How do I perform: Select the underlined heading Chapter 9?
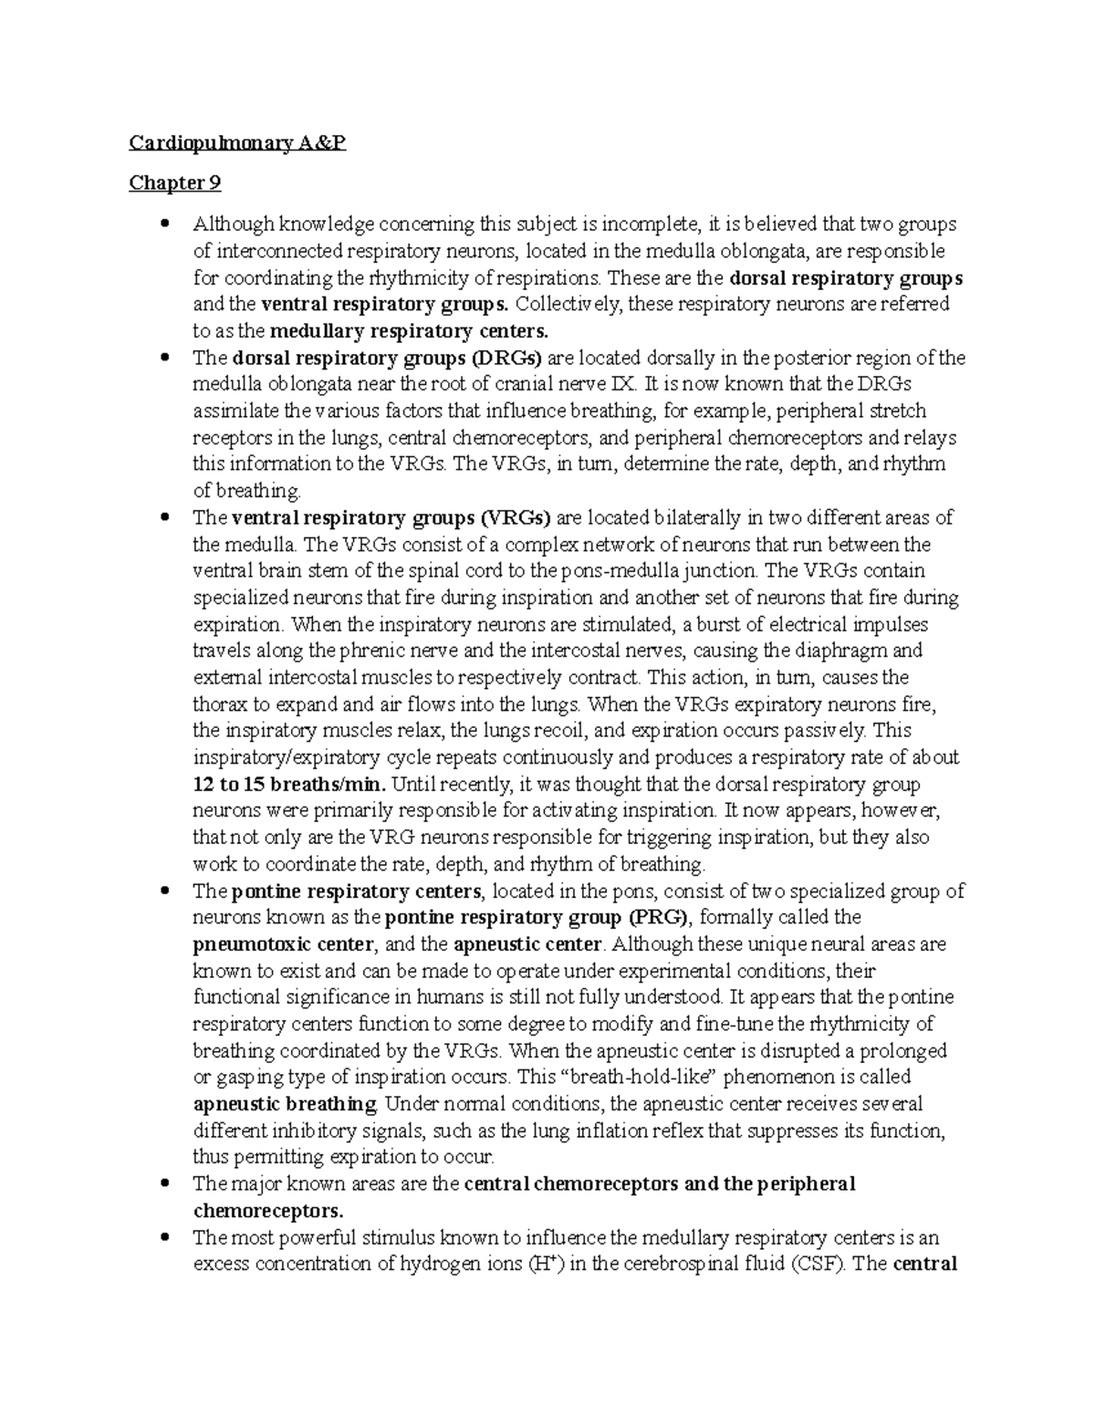click(x=174, y=183)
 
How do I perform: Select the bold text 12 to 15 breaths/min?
click(x=289, y=785)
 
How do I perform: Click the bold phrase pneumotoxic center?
click(x=283, y=943)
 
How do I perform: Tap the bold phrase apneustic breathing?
click(x=285, y=1104)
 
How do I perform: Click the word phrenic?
click(x=370, y=651)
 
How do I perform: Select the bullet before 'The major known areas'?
click(x=164, y=1184)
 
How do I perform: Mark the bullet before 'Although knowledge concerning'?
click(x=164, y=224)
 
